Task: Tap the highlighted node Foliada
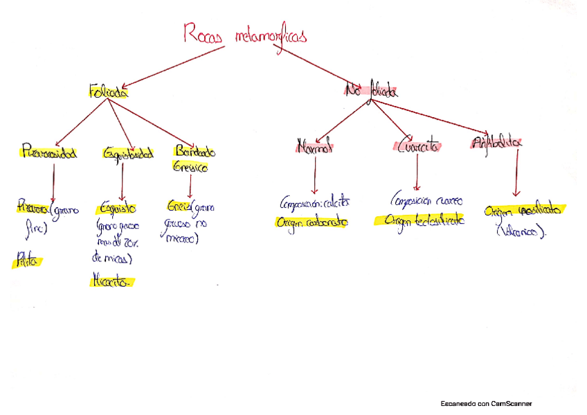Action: (108, 91)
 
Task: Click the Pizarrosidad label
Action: (48, 151)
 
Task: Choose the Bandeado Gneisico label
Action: (195, 158)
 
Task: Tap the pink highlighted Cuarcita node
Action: (418, 146)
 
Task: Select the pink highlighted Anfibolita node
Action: (496, 143)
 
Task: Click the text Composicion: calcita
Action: (315, 204)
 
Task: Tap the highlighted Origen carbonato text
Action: (311, 222)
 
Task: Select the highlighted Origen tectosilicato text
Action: (418, 220)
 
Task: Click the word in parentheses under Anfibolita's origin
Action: (521, 232)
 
